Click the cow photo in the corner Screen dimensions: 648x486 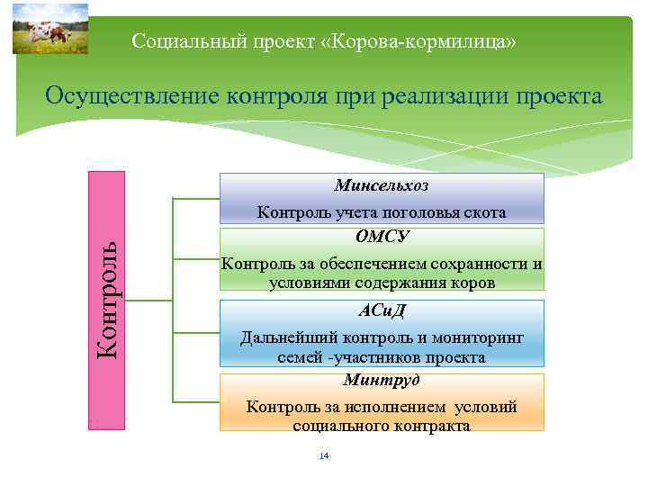point(50,29)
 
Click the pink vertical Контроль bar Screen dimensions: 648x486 point(106,300)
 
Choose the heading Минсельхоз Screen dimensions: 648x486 point(382,186)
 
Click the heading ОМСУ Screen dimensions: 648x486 point(382,237)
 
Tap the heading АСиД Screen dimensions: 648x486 point(382,311)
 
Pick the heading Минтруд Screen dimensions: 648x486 point(382,381)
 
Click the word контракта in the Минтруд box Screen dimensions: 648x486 point(425,426)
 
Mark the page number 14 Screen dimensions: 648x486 point(324,456)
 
